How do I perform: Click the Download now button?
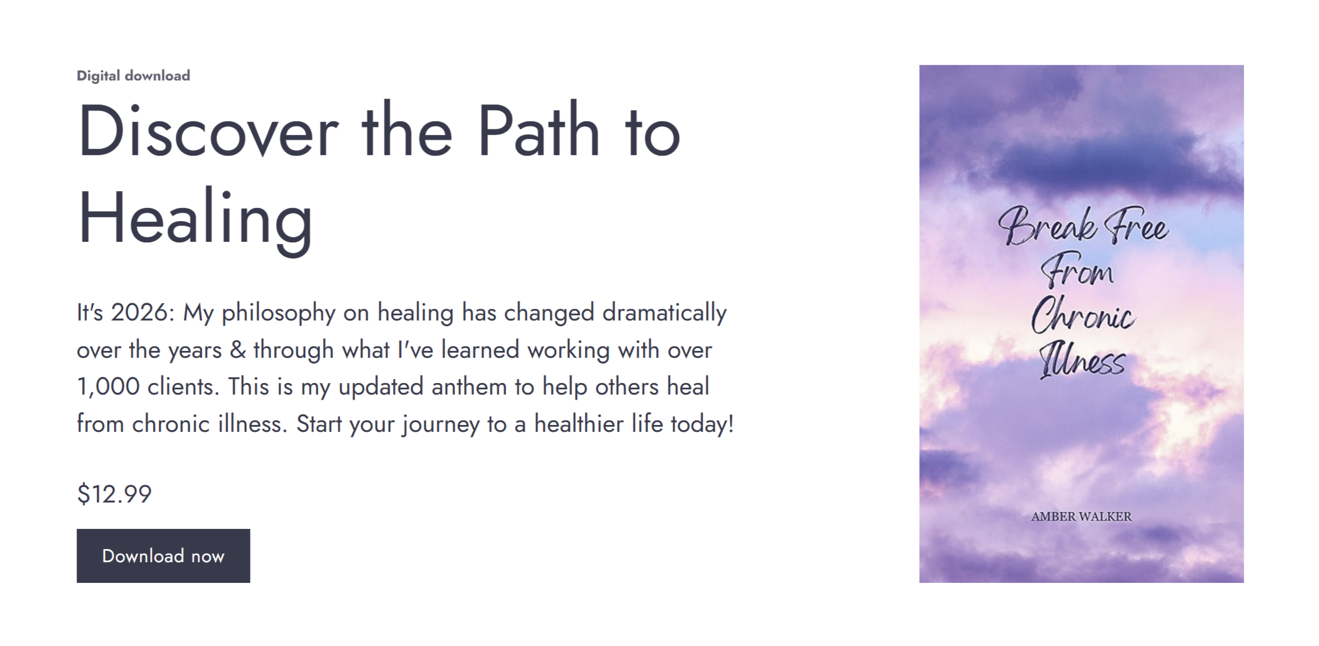(x=163, y=555)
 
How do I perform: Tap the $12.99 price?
(x=114, y=494)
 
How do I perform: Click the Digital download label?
(x=133, y=76)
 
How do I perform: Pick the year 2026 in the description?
(x=141, y=313)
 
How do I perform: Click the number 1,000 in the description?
(x=108, y=387)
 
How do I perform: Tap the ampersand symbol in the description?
(x=238, y=350)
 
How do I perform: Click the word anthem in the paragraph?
(x=468, y=386)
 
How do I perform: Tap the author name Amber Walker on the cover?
(x=1081, y=517)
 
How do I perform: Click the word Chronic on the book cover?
(x=1083, y=315)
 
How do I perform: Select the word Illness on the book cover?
(x=1082, y=361)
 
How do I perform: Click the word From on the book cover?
(x=1077, y=271)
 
